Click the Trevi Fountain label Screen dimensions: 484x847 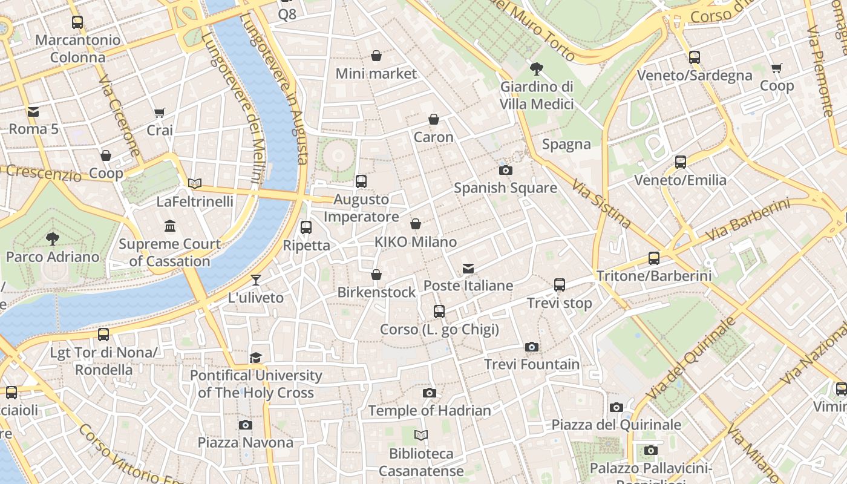coord(532,364)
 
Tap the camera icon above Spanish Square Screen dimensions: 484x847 coord(505,170)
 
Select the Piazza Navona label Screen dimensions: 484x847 coord(246,442)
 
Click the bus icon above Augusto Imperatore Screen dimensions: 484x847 coord(361,181)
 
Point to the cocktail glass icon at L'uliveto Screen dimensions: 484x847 coord(256,280)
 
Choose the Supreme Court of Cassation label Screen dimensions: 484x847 coord(169,253)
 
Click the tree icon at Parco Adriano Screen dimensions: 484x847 coord(53,238)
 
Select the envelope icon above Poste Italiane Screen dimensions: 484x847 coord(468,268)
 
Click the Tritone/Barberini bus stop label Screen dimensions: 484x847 coord(654,276)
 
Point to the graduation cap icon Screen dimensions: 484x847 coord(256,358)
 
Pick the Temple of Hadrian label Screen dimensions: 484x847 coord(430,411)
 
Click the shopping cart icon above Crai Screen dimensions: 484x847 coord(160,113)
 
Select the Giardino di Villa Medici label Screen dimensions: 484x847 coord(537,96)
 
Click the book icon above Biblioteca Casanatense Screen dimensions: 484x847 coord(421,435)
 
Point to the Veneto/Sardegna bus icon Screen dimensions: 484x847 coord(695,57)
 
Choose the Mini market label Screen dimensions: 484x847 coord(376,74)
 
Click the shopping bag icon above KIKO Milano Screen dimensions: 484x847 coord(416,224)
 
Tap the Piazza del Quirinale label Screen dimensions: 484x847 coord(616,425)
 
